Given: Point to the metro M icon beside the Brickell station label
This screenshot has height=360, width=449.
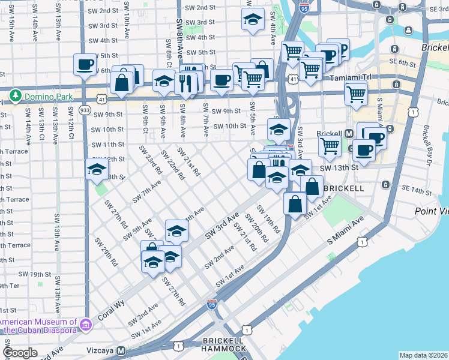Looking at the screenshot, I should click(x=349, y=133).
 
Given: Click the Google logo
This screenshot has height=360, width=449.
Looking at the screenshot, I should click(x=20, y=353).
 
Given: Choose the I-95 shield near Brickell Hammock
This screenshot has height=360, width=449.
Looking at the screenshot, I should click(x=211, y=305).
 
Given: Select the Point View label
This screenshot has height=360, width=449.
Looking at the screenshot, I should click(x=432, y=211).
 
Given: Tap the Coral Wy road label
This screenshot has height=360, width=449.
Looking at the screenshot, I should click(x=112, y=310).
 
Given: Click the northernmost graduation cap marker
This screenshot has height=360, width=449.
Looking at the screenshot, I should click(x=253, y=19).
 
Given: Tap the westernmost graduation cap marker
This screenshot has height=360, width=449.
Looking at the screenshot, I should click(x=96, y=169).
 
